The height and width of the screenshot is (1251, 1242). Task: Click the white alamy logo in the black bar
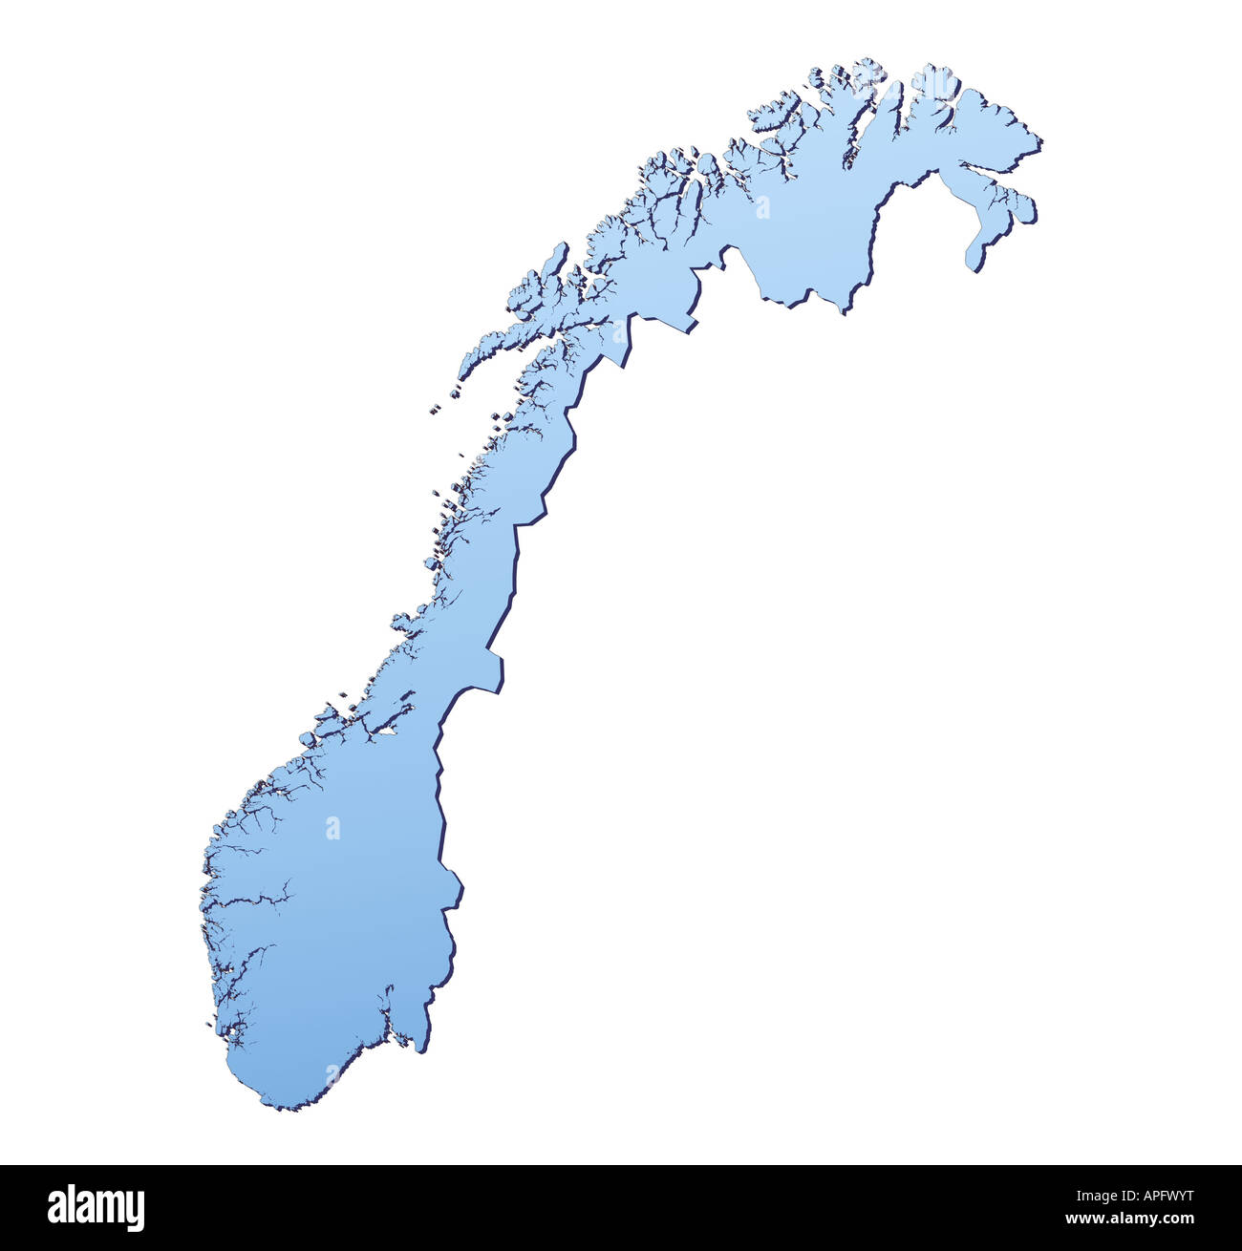(x=96, y=1208)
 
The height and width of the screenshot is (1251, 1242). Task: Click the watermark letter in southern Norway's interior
(x=332, y=827)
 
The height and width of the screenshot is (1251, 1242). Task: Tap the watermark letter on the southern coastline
(x=332, y=1076)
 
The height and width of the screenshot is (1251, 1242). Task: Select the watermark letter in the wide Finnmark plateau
(x=762, y=207)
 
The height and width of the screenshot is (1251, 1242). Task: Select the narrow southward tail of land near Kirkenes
(x=976, y=255)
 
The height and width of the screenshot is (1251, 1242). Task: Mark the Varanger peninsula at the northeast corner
(x=994, y=124)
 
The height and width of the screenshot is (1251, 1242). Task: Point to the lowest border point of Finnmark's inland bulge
(x=844, y=307)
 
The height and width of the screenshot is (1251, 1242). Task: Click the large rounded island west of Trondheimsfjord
(x=308, y=738)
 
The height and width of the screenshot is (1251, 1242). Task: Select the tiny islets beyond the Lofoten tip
(x=436, y=409)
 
